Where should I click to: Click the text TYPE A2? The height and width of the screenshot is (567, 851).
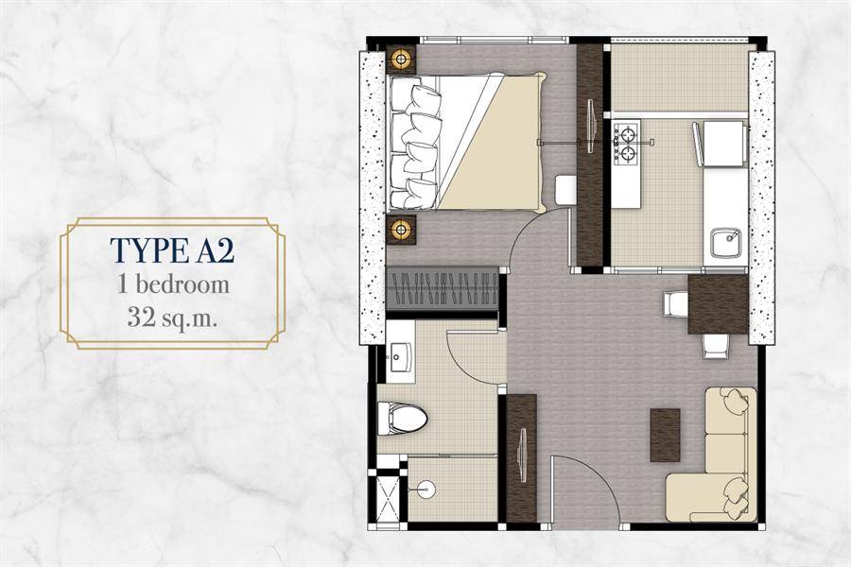pos(173,250)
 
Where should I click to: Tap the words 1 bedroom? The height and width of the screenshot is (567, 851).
pos(174,284)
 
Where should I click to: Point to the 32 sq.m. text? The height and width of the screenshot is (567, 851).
pos(173,317)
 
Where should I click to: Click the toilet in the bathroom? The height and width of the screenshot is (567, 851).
pos(402,419)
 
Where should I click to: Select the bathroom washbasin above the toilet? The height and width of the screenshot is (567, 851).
pos(401,356)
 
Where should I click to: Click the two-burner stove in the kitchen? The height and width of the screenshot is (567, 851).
pos(627,143)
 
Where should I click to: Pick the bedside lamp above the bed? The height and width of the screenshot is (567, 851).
pos(402,58)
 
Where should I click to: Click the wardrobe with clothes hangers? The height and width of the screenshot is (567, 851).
pos(443,288)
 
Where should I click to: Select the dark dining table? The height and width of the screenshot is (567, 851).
pos(718,304)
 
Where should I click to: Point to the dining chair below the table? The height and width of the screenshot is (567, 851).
pos(716,346)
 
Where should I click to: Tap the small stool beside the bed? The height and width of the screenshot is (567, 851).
pos(566,190)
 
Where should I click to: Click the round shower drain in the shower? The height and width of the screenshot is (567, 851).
pos(425,489)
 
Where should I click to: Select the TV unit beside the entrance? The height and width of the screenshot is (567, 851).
pos(522,458)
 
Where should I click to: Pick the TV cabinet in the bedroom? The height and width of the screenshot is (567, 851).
pos(589,155)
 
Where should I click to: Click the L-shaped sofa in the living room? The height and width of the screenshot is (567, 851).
pos(711,451)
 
